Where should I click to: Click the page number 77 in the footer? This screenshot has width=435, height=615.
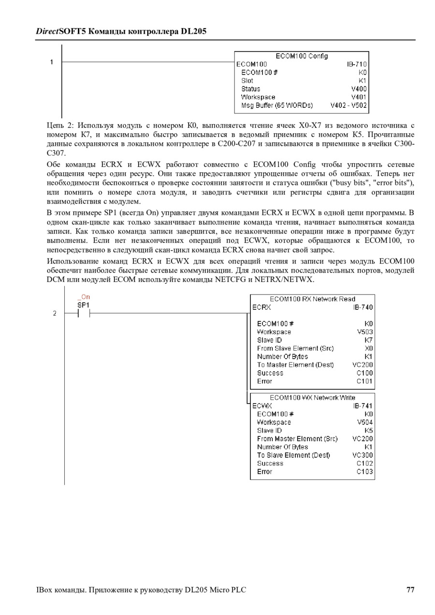(410, 589)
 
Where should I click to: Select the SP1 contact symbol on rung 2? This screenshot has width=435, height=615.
(84, 313)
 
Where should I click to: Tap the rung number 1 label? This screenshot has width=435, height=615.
(51, 62)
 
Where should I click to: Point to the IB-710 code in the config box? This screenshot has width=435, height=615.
(357, 64)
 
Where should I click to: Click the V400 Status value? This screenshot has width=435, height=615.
(359, 89)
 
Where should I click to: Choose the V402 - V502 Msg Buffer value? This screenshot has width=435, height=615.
(348, 105)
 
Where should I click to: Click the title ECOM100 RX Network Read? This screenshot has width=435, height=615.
(312, 299)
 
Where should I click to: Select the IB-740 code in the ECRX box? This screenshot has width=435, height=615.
(363, 307)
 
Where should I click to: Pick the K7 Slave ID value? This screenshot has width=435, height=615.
(369, 340)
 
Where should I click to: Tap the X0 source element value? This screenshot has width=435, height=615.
(369, 348)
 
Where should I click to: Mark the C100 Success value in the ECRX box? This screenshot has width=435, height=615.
(365, 373)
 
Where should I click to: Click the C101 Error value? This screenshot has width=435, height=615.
(365, 381)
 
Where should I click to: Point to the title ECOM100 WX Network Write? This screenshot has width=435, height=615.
(312, 398)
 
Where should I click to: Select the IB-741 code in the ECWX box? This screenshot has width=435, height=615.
(363, 406)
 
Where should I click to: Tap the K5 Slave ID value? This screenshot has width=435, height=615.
(369, 431)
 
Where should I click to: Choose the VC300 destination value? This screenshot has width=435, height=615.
(362, 455)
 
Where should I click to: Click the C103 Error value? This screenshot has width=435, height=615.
(365, 472)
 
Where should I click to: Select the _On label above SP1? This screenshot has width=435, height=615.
(84, 297)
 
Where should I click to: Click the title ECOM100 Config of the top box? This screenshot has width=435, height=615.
(302, 56)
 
